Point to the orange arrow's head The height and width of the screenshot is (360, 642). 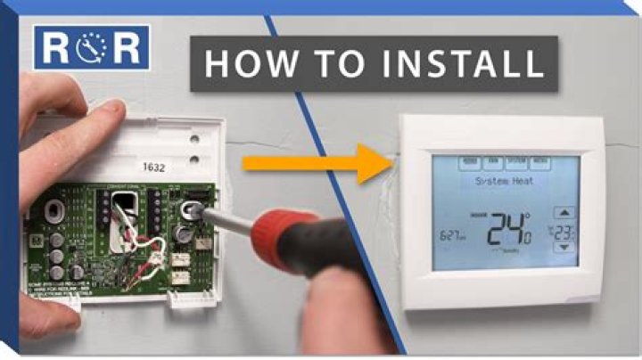(x=374, y=163)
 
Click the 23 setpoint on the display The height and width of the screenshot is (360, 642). (x=564, y=233)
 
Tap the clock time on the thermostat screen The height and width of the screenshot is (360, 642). (x=452, y=236)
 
